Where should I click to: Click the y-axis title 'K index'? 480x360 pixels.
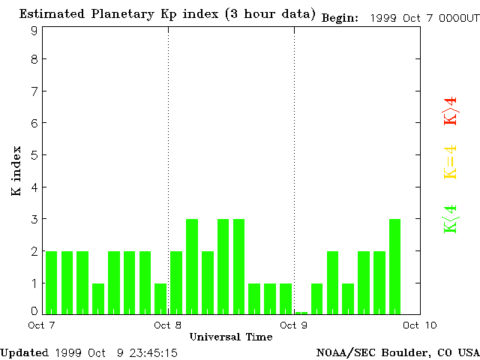point(16,172)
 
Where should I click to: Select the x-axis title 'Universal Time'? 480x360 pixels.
point(230,337)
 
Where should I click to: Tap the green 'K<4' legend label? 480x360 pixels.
point(450,219)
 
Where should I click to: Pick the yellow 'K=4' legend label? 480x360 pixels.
point(450,162)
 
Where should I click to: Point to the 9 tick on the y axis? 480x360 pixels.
point(34,30)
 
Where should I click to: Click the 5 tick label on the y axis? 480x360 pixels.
point(34,155)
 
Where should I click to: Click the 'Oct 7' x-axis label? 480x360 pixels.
point(43,325)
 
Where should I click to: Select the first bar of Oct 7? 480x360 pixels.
point(51,282)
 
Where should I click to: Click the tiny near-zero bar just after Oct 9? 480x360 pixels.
point(301,312)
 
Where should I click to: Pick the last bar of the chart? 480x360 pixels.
point(394,266)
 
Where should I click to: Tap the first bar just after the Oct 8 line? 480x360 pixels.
point(176,282)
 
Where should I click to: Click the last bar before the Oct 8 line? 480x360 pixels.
point(160,298)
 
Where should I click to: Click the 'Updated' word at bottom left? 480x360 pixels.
point(24,352)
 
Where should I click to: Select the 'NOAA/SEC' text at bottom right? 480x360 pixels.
point(342,352)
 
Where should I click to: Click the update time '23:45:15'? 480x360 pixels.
point(154,352)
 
